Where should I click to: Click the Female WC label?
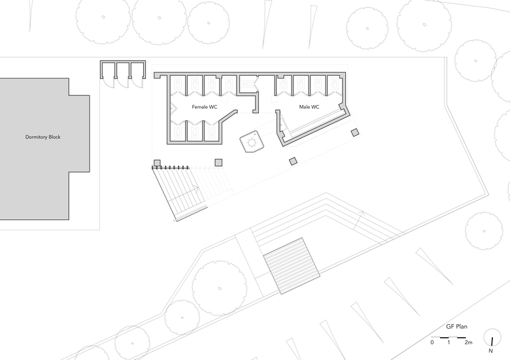(204, 106)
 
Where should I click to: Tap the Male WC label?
(309, 106)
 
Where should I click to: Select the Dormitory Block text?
(43, 137)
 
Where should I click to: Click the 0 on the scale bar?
(432, 342)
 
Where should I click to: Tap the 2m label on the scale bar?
(468, 342)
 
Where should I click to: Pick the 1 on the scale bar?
(448, 342)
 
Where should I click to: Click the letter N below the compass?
(491, 352)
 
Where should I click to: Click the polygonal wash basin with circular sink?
(252, 142)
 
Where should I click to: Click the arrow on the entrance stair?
(195, 189)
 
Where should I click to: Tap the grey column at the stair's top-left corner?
(157, 163)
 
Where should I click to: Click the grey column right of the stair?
(219, 163)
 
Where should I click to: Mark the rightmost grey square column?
(355, 133)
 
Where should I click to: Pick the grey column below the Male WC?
(294, 160)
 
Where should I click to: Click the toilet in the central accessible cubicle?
(248, 84)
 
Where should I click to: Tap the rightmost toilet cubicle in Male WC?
(335, 86)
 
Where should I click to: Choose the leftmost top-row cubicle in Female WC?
(178, 86)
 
